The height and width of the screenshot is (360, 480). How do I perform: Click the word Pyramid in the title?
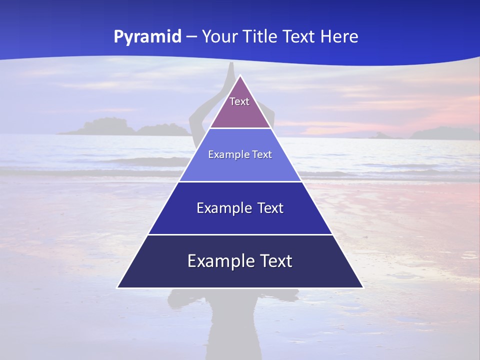[x=147, y=37]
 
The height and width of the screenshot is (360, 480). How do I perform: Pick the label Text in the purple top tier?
[x=239, y=101]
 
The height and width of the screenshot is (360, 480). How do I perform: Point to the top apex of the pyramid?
[x=240, y=75]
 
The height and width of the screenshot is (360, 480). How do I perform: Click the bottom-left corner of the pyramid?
[x=117, y=287]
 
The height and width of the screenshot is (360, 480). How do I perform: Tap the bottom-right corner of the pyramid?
[x=363, y=287]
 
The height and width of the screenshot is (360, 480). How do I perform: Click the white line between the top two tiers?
[x=240, y=128]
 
